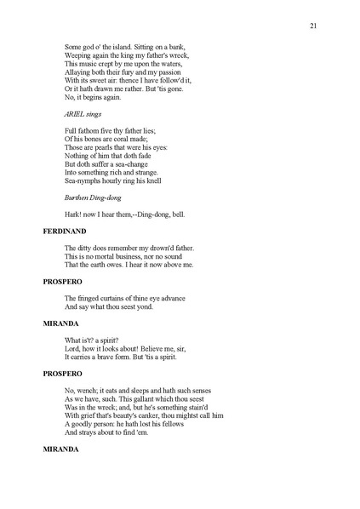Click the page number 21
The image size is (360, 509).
click(313, 26)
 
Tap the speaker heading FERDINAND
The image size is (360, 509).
click(65, 231)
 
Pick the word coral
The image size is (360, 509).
click(117, 138)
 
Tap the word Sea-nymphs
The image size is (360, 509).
click(84, 180)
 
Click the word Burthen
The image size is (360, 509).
click(78, 197)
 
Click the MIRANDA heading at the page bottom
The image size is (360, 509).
click(61, 449)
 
